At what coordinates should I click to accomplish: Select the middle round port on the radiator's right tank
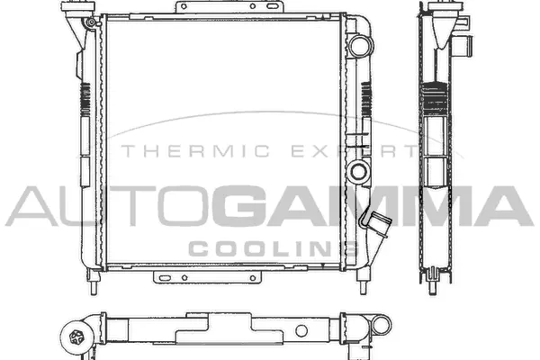click(x=360, y=170)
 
